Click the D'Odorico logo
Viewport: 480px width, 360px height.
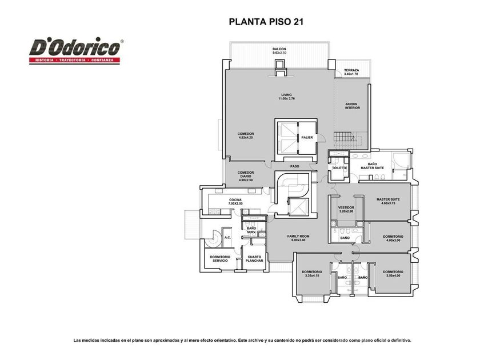(76, 50)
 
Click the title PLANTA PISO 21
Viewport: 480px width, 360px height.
(266, 22)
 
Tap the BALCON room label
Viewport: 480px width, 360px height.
(279, 49)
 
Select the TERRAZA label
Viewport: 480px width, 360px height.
(351, 70)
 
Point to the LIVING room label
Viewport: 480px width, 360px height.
(286, 95)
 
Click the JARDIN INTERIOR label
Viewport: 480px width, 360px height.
(353, 106)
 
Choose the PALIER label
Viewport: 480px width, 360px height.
(307, 138)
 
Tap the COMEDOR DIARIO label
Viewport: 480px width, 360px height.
(246, 174)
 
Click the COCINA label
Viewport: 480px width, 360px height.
(235, 200)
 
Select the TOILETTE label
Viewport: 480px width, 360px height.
(339, 168)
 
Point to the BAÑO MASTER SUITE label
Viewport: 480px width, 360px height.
(372, 166)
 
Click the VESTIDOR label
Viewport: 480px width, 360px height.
(346, 207)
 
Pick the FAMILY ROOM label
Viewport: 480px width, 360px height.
(298, 237)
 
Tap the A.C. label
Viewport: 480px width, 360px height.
(227, 237)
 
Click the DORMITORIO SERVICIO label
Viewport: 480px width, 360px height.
(220, 259)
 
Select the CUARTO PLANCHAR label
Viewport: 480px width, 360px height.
(254, 259)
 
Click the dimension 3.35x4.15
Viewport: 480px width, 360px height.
(312, 275)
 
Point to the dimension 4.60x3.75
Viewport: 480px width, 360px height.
(388, 203)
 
